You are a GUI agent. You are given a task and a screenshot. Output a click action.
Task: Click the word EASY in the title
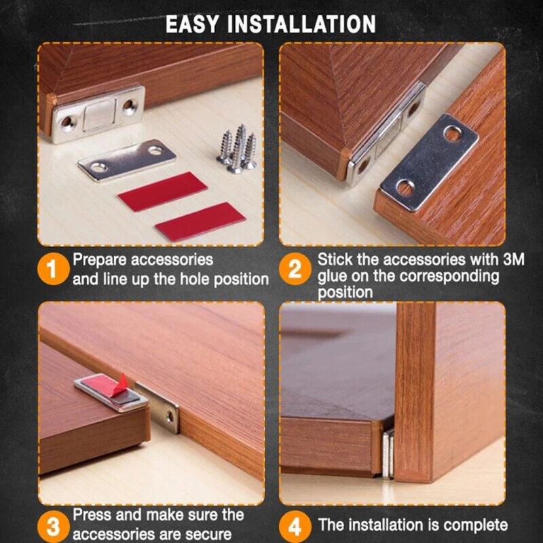193,25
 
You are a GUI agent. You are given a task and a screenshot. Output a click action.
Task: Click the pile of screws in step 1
236,147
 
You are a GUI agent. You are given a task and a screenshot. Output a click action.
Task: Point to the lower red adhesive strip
200,221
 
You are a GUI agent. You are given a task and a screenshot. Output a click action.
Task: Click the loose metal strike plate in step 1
127,160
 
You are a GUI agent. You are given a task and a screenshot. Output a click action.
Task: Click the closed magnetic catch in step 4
387,451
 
